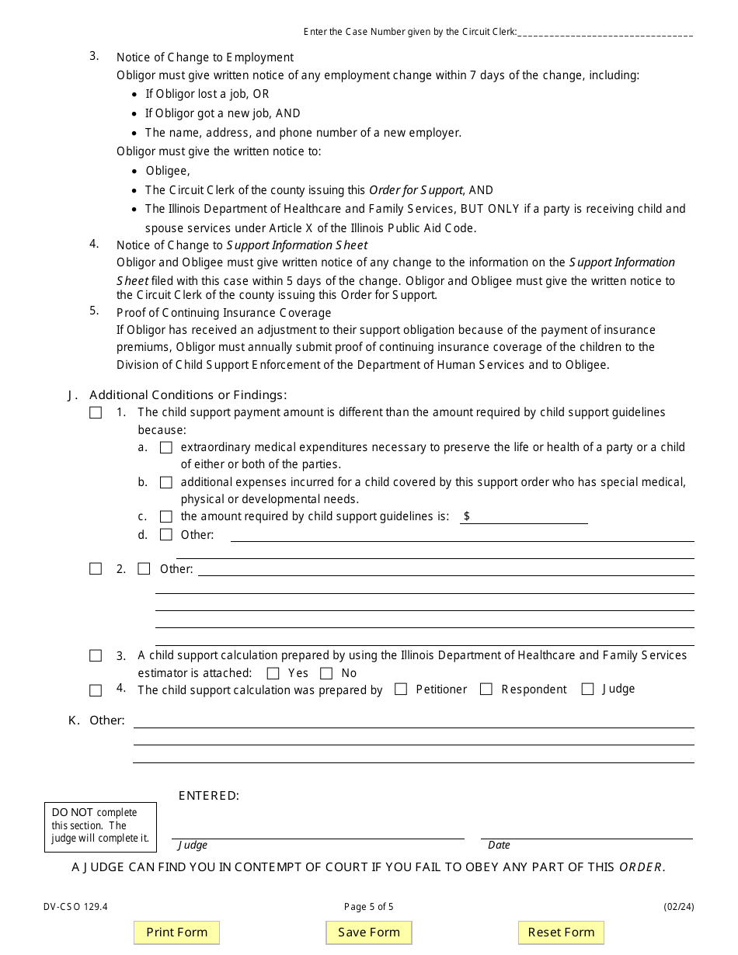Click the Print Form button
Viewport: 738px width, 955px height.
tap(176, 932)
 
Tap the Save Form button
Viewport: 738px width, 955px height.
tap(368, 932)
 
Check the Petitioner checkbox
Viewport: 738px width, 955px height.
tap(401, 689)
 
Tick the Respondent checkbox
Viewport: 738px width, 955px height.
tap(486, 689)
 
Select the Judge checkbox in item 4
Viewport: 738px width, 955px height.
tap(587, 689)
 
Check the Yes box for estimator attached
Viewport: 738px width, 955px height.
tap(273, 673)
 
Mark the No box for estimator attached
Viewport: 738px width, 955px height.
tap(326, 673)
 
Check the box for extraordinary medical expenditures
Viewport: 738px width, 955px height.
tap(165, 447)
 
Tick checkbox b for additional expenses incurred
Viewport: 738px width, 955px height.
tap(165, 482)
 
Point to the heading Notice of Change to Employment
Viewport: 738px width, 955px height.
tap(205, 57)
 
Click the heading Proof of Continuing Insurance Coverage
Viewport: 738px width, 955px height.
tap(224, 313)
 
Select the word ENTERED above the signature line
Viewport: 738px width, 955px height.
tap(209, 796)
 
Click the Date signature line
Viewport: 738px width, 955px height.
tap(587, 833)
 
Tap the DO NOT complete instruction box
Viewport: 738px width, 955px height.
tap(100, 826)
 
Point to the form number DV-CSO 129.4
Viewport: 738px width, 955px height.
tap(75, 906)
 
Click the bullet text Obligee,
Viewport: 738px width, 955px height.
tap(168, 171)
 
